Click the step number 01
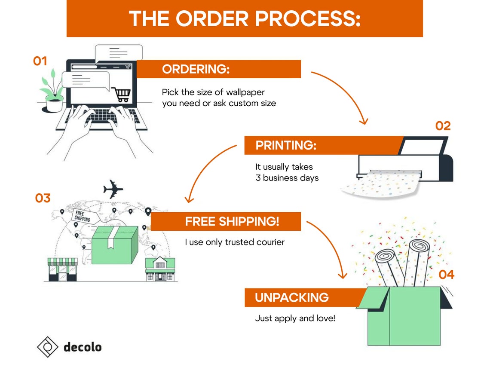point(40,61)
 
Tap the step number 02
point(443,126)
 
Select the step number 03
point(43,198)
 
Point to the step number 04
point(446,275)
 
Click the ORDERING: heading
point(196,69)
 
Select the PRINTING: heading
point(286,145)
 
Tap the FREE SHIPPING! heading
point(232,221)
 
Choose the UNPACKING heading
point(292,298)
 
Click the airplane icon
point(113,189)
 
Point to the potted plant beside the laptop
point(52,91)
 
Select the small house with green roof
point(160,269)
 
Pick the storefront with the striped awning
point(62,269)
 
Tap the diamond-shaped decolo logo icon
point(48,347)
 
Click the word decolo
point(83,347)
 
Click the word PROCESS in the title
point(308,18)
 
